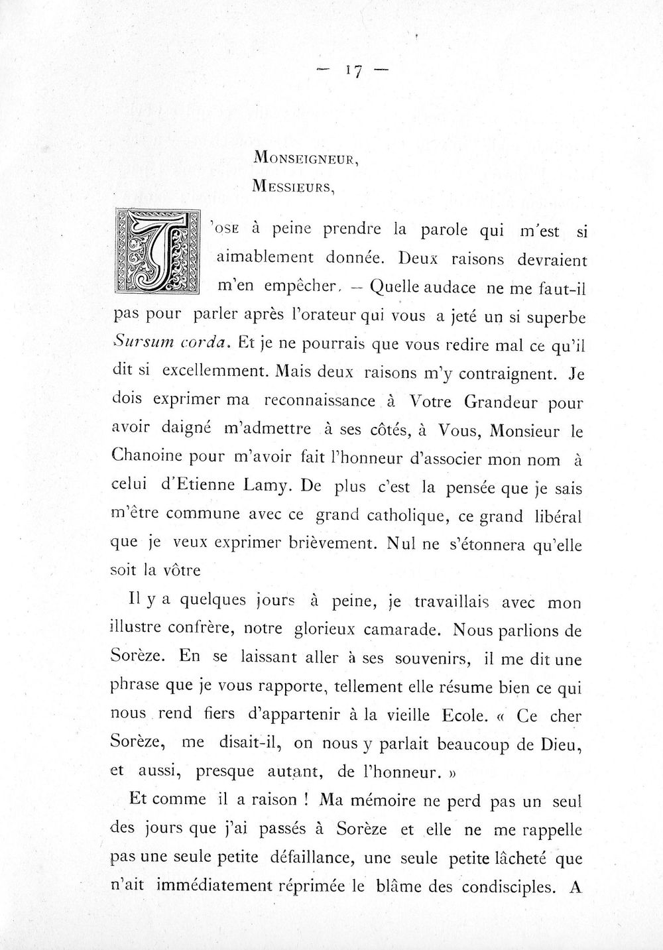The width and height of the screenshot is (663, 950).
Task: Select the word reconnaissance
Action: pyautogui.click(x=318, y=402)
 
